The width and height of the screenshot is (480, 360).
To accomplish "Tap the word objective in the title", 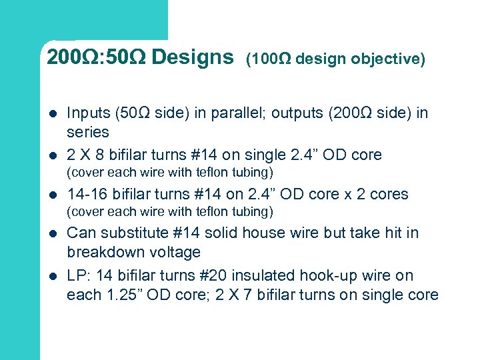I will [x=391, y=59].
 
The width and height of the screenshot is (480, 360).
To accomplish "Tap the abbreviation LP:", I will [x=79, y=275].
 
